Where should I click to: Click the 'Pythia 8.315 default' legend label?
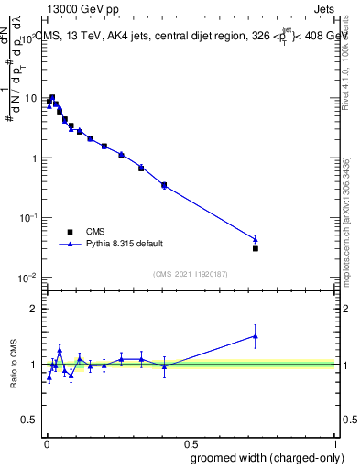coord(125,244)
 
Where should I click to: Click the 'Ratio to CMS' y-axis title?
coord(14,364)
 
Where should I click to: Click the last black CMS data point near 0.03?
coord(256,248)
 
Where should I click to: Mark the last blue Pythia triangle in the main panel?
coord(256,239)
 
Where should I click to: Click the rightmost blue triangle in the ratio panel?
coord(256,336)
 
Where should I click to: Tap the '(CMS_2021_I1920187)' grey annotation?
coord(191,272)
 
